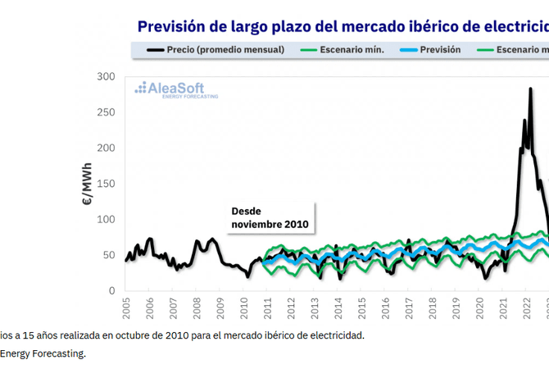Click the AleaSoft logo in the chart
tap(170, 89)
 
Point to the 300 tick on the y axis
tap(105, 76)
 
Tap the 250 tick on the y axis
tap(105, 112)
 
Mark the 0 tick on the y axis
tap(111, 291)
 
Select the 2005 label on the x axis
tap(127, 308)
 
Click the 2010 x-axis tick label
tap(245, 308)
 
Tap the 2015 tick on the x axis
tap(362, 308)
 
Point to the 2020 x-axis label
tap(480, 308)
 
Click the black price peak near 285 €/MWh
tap(531, 89)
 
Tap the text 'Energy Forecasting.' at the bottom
tap(43, 353)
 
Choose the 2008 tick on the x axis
tap(197, 308)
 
